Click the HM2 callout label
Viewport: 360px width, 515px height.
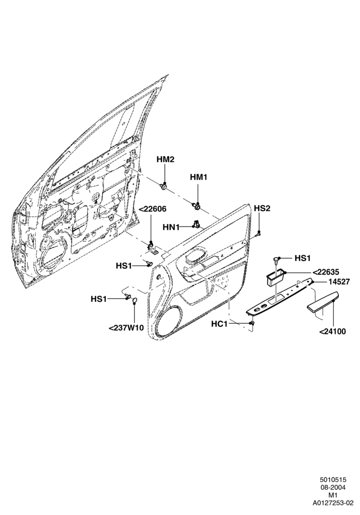click(x=165, y=160)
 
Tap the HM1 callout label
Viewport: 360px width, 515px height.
click(x=199, y=177)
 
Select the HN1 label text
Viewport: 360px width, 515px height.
click(x=171, y=228)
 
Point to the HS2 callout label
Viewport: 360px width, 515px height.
click(x=262, y=208)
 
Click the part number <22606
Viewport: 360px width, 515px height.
click(x=153, y=209)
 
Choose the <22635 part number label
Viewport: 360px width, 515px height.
click(x=325, y=272)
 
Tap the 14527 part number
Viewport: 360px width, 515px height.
click(x=329, y=282)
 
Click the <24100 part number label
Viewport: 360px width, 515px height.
click(x=333, y=332)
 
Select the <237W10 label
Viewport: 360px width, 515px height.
click(x=126, y=328)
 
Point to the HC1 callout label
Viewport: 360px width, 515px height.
click(x=219, y=324)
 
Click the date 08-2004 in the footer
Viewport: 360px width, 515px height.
click(x=334, y=496)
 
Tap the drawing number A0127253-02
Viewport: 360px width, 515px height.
click(x=333, y=512)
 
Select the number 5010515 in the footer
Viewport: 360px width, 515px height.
click(x=334, y=489)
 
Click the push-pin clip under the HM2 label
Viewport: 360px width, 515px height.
click(x=163, y=187)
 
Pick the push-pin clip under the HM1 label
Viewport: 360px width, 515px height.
click(x=197, y=206)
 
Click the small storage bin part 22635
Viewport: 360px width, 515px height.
click(x=275, y=277)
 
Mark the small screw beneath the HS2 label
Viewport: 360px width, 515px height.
click(x=259, y=234)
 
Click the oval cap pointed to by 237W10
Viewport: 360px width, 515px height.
click(x=134, y=300)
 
